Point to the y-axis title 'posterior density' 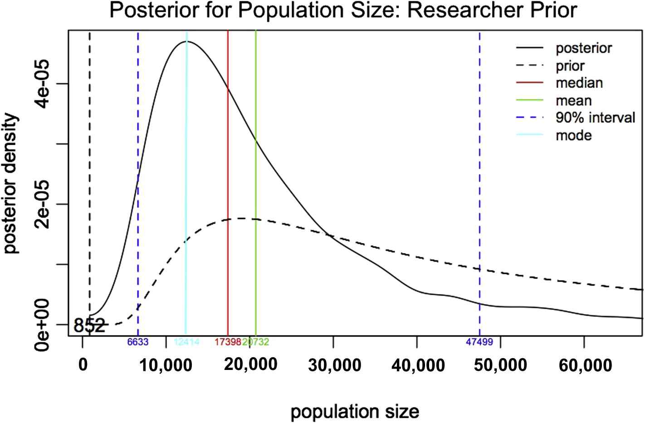click(12, 184)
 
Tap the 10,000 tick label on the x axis click(166, 365)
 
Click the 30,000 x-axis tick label click(335, 365)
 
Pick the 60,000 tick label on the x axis click(585, 365)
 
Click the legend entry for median click(579, 83)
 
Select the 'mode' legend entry click(573, 135)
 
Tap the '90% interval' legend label click(595, 118)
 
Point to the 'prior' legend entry click(570, 66)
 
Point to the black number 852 click(89, 325)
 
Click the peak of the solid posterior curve click(186, 41)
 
